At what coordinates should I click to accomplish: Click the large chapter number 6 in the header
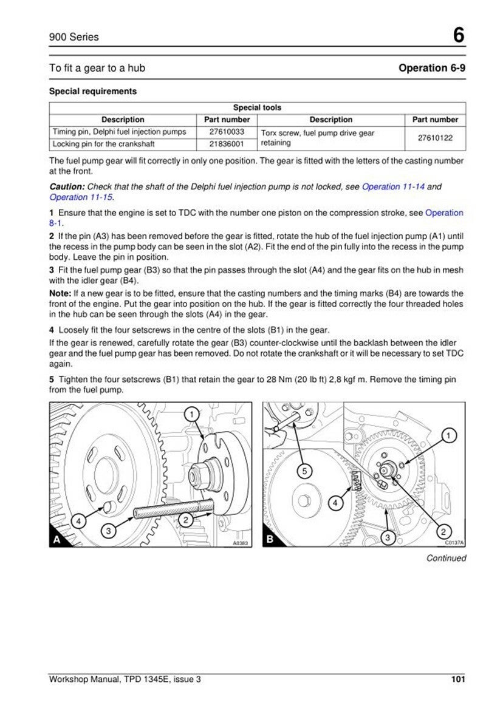pos(458,36)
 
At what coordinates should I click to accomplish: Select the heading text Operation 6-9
pos(432,68)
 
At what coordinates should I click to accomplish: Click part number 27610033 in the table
pos(227,132)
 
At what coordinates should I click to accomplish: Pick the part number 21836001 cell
pos(227,144)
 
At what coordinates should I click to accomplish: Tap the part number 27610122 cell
pos(435,138)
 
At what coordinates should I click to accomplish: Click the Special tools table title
pos(257,107)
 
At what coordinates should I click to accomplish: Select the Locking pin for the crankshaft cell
pos(103,144)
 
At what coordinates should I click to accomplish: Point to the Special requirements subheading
pos(92,92)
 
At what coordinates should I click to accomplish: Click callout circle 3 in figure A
pos(108,531)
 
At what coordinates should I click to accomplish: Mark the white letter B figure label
pos(271,539)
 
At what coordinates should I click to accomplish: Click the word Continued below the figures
pos(446,558)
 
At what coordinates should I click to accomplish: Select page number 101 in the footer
pos(458,679)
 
